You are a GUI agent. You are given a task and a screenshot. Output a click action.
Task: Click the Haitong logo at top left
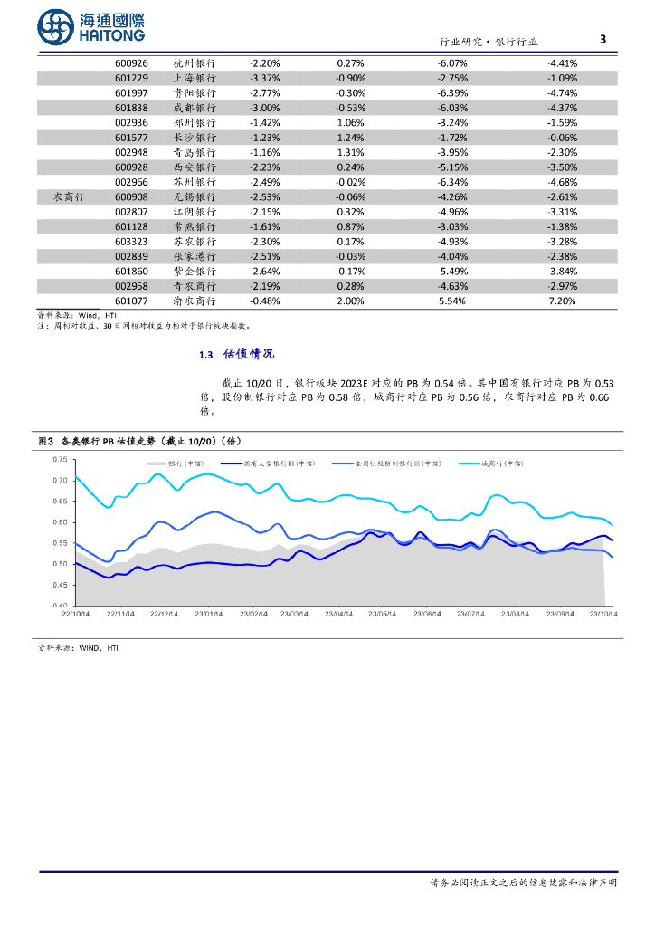pyautogui.click(x=90, y=27)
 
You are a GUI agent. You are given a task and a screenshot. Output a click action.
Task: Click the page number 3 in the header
pyautogui.click(x=603, y=39)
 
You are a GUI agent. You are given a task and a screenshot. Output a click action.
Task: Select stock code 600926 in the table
pyautogui.click(x=132, y=63)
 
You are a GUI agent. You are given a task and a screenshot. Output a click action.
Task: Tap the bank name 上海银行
pyautogui.click(x=195, y=78)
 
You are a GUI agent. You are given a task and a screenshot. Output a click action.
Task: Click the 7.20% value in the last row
pyautogui.click(x=562, y=301)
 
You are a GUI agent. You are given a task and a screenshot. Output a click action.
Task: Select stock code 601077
pyautogui.click(x=132, y=301)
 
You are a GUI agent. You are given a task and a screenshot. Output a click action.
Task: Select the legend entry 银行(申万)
pyautogui.click(x=185, y=463)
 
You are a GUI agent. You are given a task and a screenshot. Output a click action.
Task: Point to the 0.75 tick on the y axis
pyautogui.click(x=60, y=459)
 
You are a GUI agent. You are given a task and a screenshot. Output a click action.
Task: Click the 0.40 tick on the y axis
pyautogui.click(x=60, y=605)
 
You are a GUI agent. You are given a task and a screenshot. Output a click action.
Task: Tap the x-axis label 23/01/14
pyautogui.click(x=208, y=615)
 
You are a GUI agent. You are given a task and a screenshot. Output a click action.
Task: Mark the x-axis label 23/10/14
pyautogui.click(x=602, y=615)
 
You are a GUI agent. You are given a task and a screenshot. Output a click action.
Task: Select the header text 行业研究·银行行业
pyautogui.click(x=489, y=42)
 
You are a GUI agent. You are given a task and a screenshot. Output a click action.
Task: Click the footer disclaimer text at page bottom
pyautogui.click(x=523, y=882)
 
